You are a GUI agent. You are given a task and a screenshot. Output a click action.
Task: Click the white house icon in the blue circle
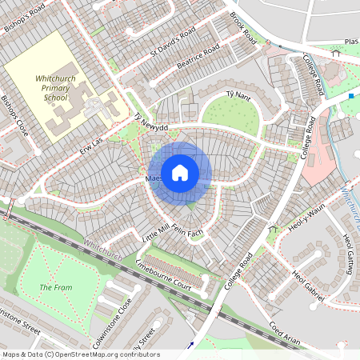[x=179, y=173]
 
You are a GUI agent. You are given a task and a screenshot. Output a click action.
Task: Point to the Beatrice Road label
[x=198, y=61]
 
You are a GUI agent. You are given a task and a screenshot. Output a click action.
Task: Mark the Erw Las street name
[x=93, y=144]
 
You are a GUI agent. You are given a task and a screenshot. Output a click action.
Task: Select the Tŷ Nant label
[x=240, y=94]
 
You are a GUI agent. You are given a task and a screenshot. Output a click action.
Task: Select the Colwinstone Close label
[x=114, y=318]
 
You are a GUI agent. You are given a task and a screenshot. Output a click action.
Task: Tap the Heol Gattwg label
[x=349, y=251]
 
